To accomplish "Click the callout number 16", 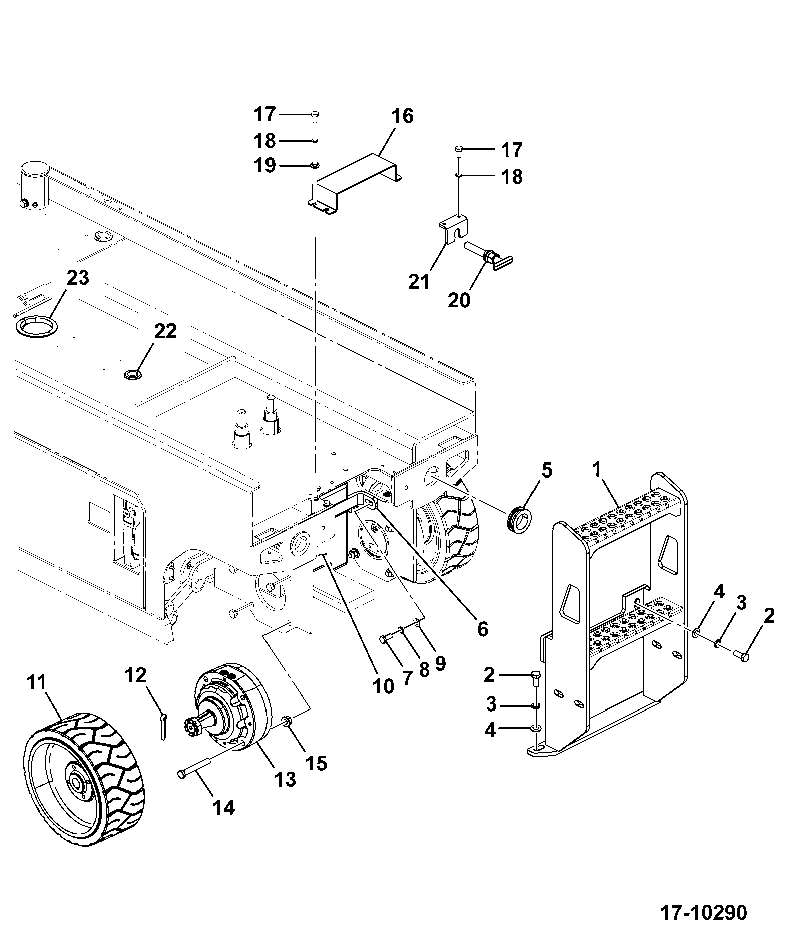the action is coord(402,116).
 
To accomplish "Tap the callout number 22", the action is coord(165,331).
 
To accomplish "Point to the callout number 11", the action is coord(36,682).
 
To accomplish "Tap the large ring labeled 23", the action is coord(36,327).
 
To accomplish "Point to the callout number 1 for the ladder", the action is coord(597,470).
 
